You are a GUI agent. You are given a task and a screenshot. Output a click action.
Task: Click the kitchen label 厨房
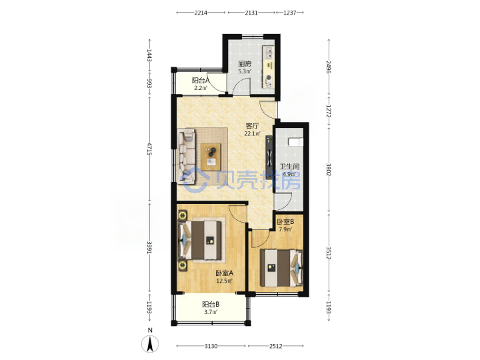click(245, 64)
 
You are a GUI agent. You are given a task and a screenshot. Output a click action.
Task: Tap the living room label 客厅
click(252, 126)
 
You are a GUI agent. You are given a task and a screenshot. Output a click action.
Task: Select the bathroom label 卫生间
click(289, 167)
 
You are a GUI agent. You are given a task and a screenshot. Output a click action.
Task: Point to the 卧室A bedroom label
click(225, 273)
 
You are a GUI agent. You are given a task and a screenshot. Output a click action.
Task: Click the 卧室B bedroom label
click(285, 221)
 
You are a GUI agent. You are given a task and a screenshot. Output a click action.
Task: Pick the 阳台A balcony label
click(201, 81)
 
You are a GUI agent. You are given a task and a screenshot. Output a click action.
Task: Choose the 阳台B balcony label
click(211, 305)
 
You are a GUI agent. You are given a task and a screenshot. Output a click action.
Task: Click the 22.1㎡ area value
click(252, 133)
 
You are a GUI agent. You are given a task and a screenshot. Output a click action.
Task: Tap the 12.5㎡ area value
click(225, 281)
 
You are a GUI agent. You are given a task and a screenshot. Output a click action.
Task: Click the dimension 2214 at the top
click(201, 13)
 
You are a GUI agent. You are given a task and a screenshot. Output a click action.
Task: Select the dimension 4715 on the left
click(149, 149)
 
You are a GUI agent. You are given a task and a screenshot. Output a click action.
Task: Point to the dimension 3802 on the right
click(329, 169)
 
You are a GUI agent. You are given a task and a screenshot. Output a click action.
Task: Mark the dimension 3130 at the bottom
click(211, 346)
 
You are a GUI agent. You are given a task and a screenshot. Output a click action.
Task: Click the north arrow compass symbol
click(150, 344)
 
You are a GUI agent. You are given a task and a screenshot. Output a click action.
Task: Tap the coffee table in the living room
click(211, 157)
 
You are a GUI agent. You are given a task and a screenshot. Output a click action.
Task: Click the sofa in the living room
click(187, 157)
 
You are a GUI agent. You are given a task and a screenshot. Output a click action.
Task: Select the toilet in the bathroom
click(296, 142)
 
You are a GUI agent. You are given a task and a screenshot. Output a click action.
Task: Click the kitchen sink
click(269, 53)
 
